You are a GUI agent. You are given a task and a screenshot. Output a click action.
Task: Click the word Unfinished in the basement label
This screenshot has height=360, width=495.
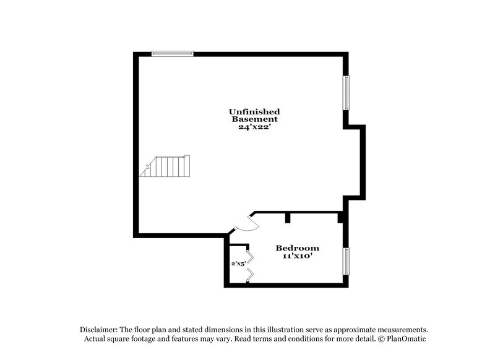point(254,111)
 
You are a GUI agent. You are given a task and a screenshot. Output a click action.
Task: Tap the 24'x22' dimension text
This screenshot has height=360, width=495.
point(254,126)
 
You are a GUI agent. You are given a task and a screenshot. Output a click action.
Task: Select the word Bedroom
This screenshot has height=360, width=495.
point(298,247)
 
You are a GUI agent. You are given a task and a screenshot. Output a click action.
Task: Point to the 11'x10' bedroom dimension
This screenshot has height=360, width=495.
point(298,255)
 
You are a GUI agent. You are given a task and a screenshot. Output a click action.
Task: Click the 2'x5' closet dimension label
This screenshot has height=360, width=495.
point(239,264)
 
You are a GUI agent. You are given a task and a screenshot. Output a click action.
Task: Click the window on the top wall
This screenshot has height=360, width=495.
point(173,53)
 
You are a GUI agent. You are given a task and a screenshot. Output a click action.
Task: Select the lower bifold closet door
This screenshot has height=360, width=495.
point(249,276)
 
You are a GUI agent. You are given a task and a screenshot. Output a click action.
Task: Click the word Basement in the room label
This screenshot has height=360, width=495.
point(254,119)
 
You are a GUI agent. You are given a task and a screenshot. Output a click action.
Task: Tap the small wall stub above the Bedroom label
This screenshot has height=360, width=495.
point(288,217)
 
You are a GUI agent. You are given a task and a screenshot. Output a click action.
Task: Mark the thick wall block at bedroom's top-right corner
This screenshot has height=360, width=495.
point(341,218)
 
